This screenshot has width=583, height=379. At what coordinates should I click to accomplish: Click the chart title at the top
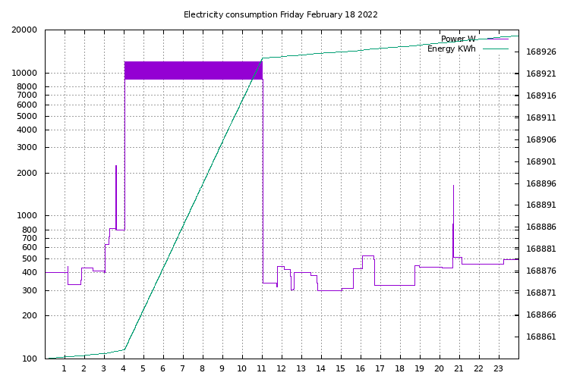point(281,15)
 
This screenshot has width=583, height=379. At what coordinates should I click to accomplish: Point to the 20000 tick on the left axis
point(24,30)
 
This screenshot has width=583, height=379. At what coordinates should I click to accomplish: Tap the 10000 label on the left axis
point(24,73)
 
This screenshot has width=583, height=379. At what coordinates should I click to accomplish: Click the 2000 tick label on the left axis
point(27,173)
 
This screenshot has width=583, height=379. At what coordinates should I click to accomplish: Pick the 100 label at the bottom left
point(30,359)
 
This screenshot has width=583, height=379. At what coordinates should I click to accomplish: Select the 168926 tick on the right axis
point(541,52)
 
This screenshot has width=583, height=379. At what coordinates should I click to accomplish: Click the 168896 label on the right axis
point(541,183)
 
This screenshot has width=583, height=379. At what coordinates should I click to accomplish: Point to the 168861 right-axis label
point(541,337)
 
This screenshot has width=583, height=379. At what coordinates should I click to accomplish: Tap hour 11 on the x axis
point(261,368)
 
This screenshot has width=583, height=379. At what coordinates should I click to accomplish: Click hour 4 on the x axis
point(124,368)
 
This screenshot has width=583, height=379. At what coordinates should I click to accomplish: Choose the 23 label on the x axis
point(498,368)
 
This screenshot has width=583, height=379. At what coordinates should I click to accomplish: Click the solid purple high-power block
point(194,70)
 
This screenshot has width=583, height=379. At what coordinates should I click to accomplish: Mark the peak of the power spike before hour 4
point(116,165)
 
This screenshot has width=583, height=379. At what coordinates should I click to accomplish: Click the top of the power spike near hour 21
point(454,185)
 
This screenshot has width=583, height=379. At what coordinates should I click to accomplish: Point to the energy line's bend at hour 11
point(263,58)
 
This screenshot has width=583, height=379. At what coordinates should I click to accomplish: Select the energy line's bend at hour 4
point(124,349)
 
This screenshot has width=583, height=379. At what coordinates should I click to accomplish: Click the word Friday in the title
point(291,15)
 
